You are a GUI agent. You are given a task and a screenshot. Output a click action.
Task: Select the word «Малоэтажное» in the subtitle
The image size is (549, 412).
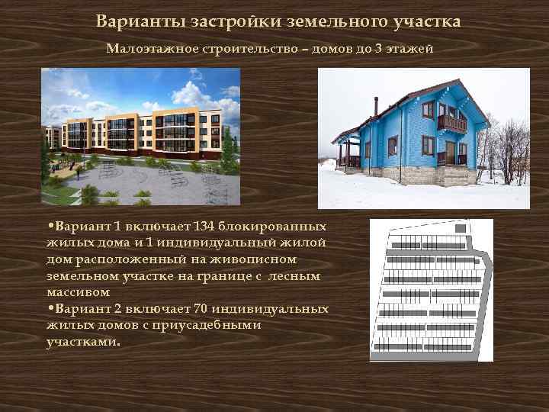[x=151, y=49]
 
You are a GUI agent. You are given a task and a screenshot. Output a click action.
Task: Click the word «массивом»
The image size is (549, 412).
[x=78, y=292]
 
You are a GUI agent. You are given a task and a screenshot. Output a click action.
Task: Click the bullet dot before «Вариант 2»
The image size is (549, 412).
[x=49, y=308]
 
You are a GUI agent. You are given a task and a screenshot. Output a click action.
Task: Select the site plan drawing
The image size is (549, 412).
[x=431, y=289]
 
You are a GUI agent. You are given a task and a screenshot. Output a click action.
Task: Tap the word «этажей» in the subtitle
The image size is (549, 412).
[x=415, y=49]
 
